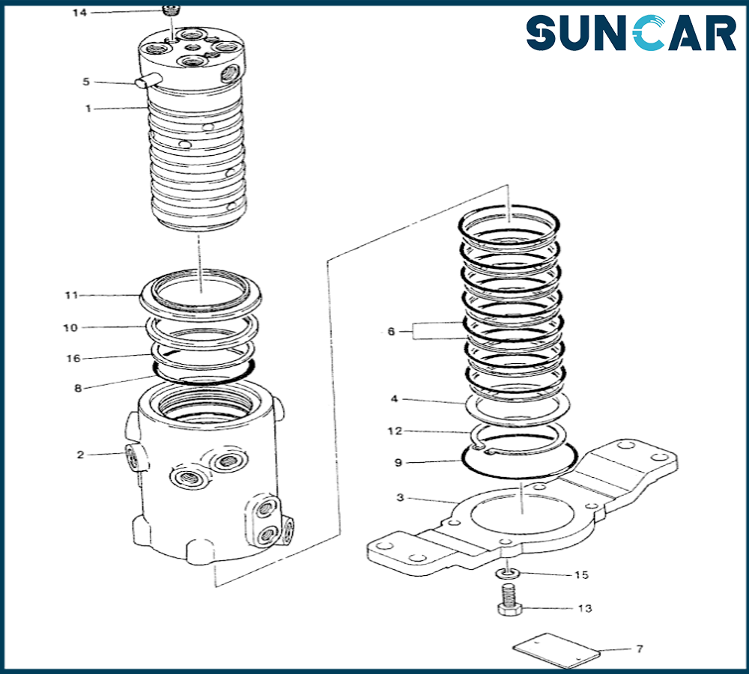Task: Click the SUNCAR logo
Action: (x=631, y=32)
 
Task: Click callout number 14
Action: (x=80, y=13)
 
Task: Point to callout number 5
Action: (x=86, y=82)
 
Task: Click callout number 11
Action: (x=71, y=295)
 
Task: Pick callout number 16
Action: (x=73, y=358)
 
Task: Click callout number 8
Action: (x=78, y=389)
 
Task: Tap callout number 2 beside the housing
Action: (x=80, y=455)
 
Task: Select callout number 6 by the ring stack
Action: (x=391, y=332)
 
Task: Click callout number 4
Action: (x=394, y=398)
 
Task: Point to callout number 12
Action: (x=395, y=431)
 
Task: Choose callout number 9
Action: (x=398, y=462)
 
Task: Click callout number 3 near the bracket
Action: (x=400, y=498)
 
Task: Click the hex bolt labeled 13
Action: (x=509, y=601)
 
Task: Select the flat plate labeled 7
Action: (x=556, y=651)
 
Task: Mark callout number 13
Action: (x=585, y=609)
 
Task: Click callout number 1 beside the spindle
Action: (x=88, y=109)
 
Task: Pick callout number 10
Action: (x=70, y=328)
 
